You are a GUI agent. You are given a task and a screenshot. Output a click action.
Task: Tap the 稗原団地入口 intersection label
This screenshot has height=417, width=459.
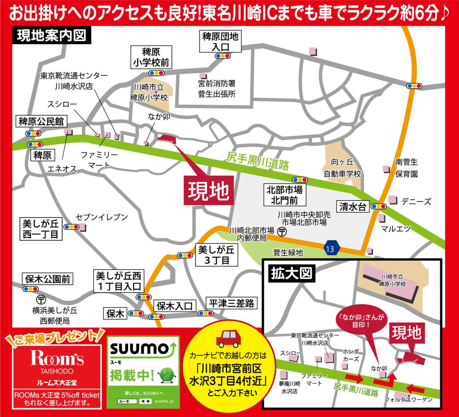pyautogui.click(x=222, y=42)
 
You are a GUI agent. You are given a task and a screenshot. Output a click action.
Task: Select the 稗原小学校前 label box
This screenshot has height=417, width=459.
pyautogui.click(x=151, y=57)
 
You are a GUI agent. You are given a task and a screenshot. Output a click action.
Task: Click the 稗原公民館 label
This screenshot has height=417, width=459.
pyautogui.click(x=42, y=122)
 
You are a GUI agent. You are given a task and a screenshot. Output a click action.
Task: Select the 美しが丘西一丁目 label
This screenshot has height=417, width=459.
pyautogui.click(x=41, y=229)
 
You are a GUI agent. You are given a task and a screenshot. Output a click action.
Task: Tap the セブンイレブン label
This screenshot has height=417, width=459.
pyautogui.click(x=101, y=217)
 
